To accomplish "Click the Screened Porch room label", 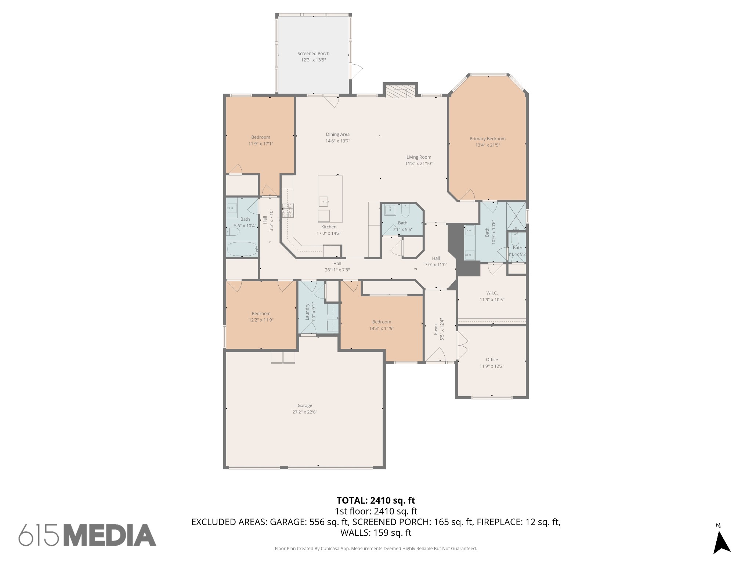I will point(313,54).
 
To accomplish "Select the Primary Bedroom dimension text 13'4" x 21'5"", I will point(488,145).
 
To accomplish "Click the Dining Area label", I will point(337,134).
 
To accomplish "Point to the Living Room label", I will point(419,157).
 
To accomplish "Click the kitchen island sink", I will point(323,201).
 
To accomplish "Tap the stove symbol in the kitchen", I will point(288,210).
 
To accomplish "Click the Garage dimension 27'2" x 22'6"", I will point(304,412).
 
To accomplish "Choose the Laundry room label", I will point(308,312).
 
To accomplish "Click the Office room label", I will point(492,359).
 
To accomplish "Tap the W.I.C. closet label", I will point(492,293).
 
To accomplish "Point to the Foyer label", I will point(436,329).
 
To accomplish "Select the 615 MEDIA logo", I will point(87,535).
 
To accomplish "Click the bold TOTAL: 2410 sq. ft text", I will point(376,500).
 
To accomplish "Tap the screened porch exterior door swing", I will point(357,71).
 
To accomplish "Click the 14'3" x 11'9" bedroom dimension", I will point(382,329).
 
